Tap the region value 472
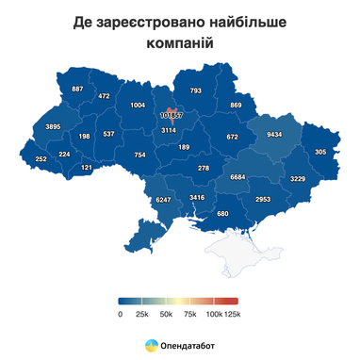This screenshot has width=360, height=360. click(104, 96)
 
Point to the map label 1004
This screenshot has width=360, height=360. click(138, 105)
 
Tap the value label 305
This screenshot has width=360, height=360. click(320, 152)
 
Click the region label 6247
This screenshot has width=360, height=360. click(163, 200)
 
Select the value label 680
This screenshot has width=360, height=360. click(222, 214)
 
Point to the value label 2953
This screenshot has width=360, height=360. click(263, 199)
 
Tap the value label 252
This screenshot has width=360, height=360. click(41, 159)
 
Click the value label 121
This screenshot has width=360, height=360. click(87, 168)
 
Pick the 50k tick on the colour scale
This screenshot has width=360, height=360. click(167, 314)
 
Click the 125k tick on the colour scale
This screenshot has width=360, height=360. click(233, 314)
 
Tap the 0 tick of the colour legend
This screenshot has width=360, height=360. click(121, 314)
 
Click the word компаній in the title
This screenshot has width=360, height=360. click(180, 43)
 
